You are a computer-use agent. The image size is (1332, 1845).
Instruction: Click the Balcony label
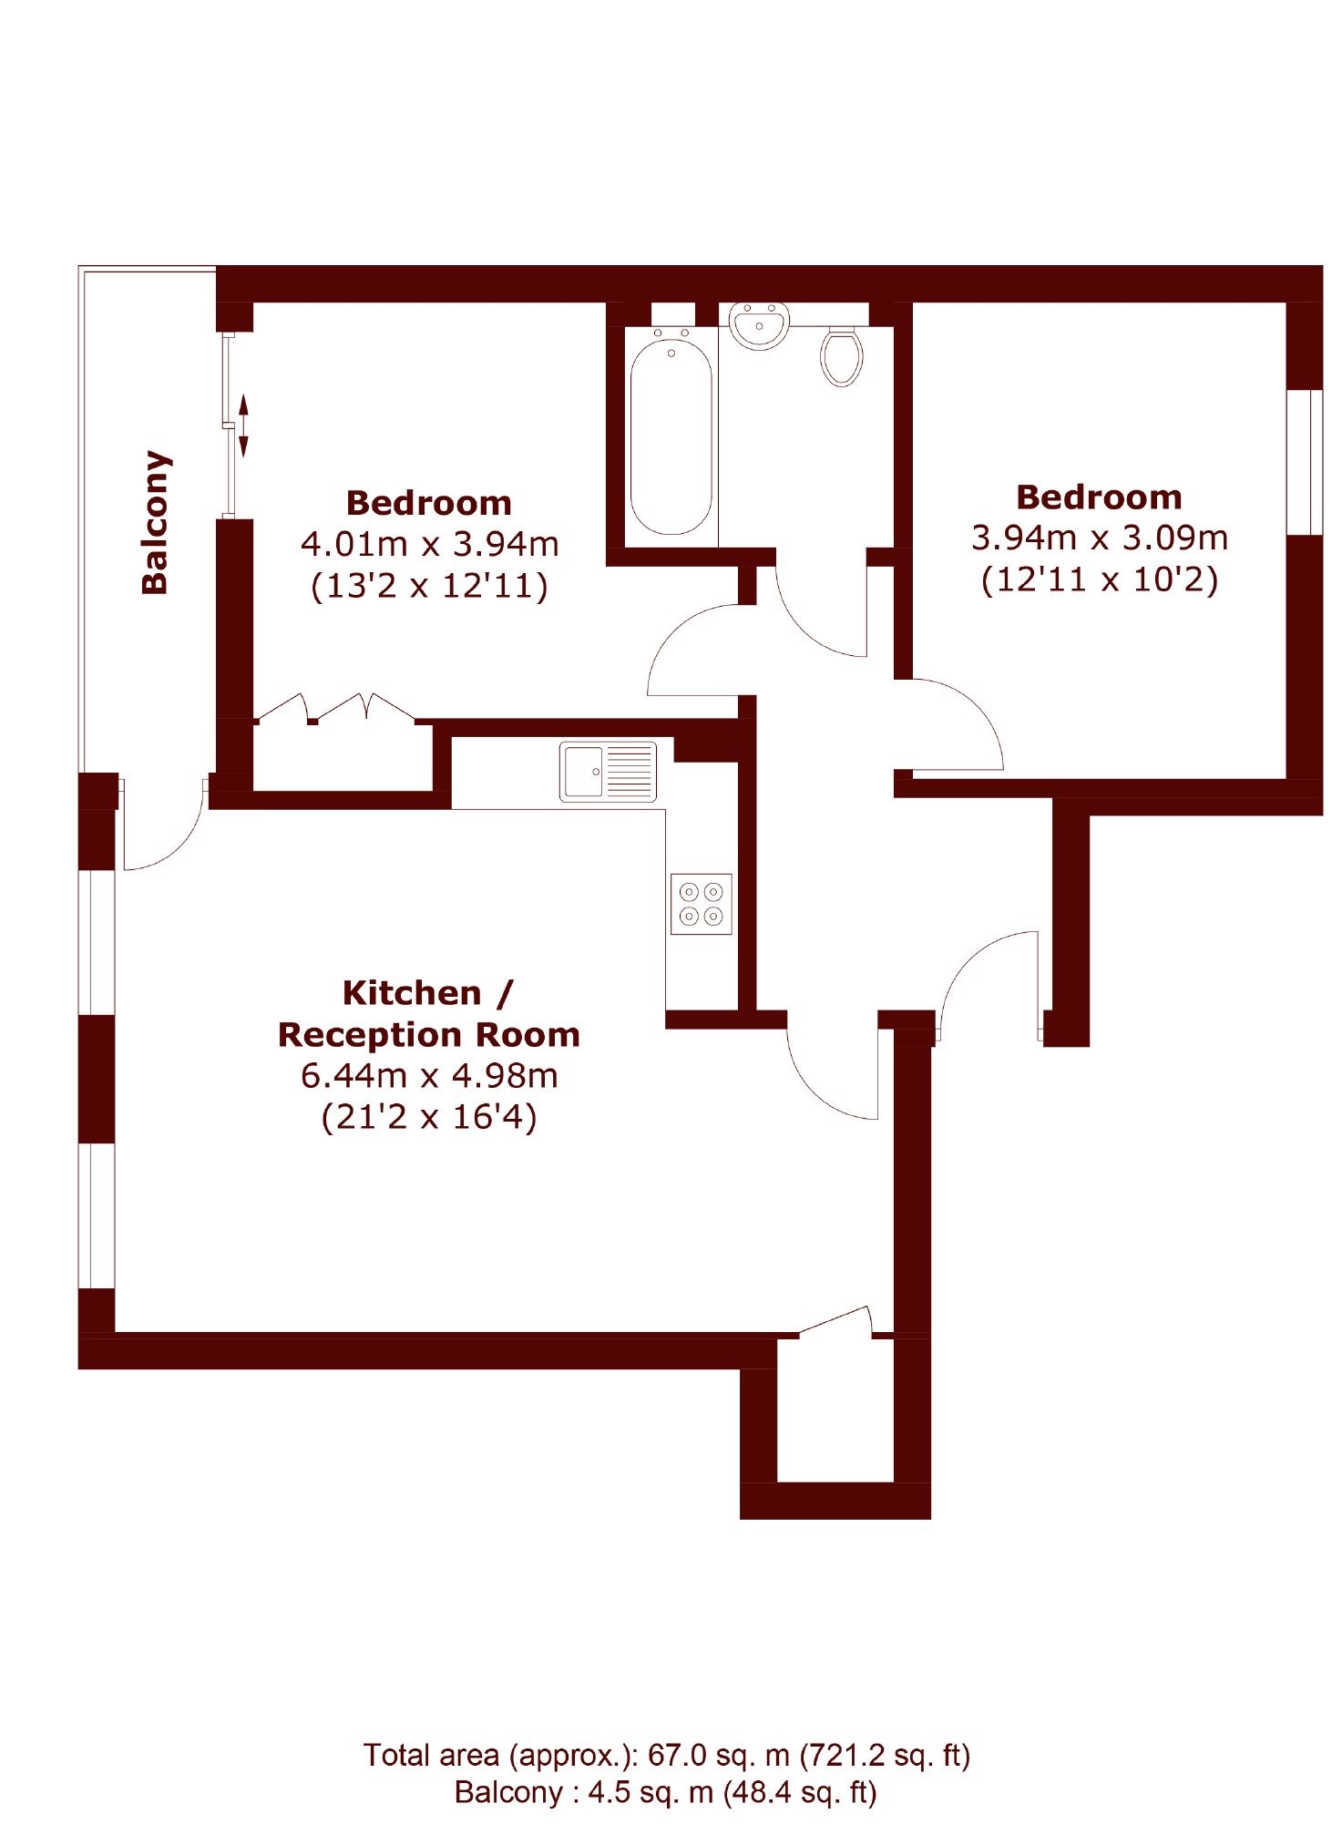tap(155, 522)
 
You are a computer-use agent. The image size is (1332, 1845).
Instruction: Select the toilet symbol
tap(841, 356)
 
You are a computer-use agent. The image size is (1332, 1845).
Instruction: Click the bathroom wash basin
tap(759, 325)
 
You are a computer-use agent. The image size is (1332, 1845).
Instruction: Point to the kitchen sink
tap(608, 772)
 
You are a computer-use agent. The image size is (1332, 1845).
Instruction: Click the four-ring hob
tap(702, 904)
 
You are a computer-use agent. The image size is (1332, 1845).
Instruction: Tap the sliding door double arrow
tap(243, 425)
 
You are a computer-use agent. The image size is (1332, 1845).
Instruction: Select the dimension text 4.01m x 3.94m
tap(429, 544)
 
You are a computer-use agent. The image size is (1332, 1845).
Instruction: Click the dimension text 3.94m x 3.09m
tap(1100, 538)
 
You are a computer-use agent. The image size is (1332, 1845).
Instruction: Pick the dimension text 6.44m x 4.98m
tap(429, 1076)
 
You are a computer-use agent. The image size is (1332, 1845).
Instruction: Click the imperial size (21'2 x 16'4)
tap(429, 1117)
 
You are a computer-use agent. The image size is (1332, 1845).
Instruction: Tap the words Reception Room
tap(429, 1035)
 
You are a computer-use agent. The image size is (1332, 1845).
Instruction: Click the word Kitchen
tap(412, 993)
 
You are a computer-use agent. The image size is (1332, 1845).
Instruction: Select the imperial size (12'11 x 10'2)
tap(1100, 579)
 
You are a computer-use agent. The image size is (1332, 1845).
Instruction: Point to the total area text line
tap(667, 1755)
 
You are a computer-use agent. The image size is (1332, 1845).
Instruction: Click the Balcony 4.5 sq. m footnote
tap(666, 1792)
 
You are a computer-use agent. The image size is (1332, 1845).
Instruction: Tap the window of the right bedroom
tap(1304, 462)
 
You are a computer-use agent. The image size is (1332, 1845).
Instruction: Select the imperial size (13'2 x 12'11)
tap(429, 586)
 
